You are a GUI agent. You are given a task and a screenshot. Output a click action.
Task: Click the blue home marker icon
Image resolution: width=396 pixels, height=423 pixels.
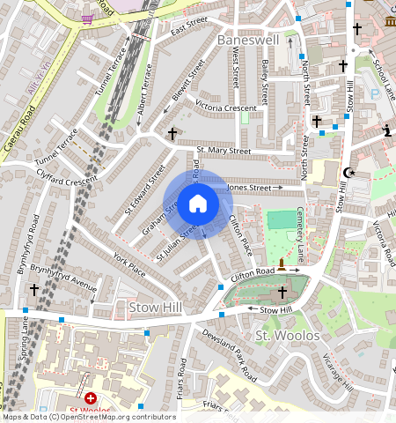pos(198,204)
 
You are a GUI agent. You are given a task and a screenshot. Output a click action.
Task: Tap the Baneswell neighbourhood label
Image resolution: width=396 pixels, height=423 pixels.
pos(247,41)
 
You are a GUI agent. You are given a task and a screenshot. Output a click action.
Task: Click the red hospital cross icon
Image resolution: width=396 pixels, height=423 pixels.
pos(90,398)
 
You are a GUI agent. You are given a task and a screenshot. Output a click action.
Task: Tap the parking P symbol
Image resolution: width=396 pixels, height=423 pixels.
pos(374,93)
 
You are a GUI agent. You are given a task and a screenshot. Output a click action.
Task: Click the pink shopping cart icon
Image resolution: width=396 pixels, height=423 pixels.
pos(87,18)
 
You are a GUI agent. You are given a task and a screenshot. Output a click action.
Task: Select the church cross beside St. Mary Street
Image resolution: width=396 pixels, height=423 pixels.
pos(172,134)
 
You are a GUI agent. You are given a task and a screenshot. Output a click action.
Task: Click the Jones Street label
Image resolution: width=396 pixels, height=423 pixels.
pos(249,188)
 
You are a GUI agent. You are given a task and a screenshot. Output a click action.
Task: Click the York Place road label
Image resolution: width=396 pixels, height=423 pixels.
pos(129,263)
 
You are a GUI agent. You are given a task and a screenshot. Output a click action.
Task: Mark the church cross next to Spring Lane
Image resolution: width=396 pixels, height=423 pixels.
pos(35,289)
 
